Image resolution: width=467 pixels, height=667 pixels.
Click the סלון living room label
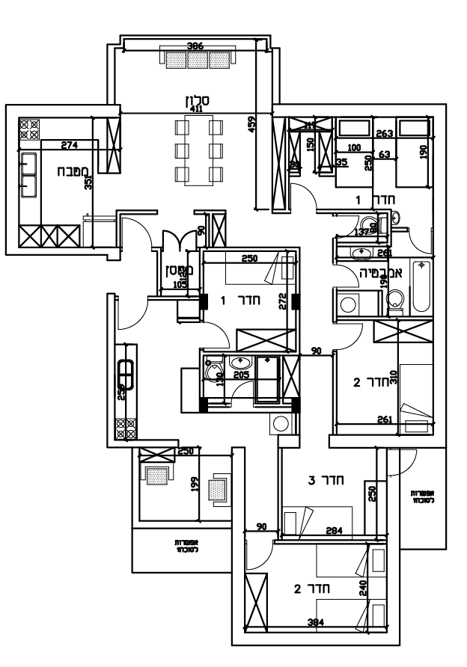[197, 99]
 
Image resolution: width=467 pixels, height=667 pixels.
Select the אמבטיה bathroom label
[382, 274]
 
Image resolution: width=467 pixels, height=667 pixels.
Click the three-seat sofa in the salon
[197, 60]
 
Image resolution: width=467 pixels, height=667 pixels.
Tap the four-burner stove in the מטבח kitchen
[29, 128]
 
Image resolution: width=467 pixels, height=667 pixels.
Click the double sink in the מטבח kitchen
[29, 173]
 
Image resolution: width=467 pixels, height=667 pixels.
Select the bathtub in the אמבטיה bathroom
[420, 286]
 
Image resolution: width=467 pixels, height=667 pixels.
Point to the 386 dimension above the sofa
[195, 46]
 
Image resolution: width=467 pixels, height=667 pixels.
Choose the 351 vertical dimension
[88, 182]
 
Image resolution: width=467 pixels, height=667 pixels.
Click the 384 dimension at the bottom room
[318, 622]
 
